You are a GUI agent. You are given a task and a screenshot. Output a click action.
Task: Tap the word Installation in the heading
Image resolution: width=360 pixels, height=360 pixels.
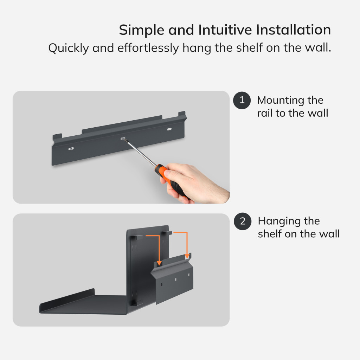[x=294, y=30]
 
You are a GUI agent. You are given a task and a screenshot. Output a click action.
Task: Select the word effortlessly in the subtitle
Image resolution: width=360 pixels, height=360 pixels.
[x=148, y=48]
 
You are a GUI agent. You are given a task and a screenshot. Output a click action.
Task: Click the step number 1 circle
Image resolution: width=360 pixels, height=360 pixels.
[x=242, y=100]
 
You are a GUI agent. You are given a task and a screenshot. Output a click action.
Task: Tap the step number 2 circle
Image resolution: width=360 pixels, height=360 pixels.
[x=243, y=221]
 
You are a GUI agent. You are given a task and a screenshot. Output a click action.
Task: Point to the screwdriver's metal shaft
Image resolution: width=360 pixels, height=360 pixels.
[x=140, y=153]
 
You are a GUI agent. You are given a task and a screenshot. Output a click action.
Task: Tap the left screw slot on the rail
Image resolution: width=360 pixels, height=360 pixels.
[x=71, y=149]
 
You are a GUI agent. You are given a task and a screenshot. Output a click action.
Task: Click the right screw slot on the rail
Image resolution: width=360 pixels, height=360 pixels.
[x=169, y=129]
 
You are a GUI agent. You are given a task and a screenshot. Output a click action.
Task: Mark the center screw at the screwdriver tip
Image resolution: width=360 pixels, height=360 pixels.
[x=123, y=139]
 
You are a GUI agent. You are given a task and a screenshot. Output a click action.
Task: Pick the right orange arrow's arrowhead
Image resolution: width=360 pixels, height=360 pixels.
[x=187, y=256]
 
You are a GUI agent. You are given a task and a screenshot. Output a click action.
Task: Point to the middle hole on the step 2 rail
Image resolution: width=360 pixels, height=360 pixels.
[x=176, y=279]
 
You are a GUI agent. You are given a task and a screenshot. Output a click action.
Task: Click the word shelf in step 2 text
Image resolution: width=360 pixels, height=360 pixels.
[x=269, y=234]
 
